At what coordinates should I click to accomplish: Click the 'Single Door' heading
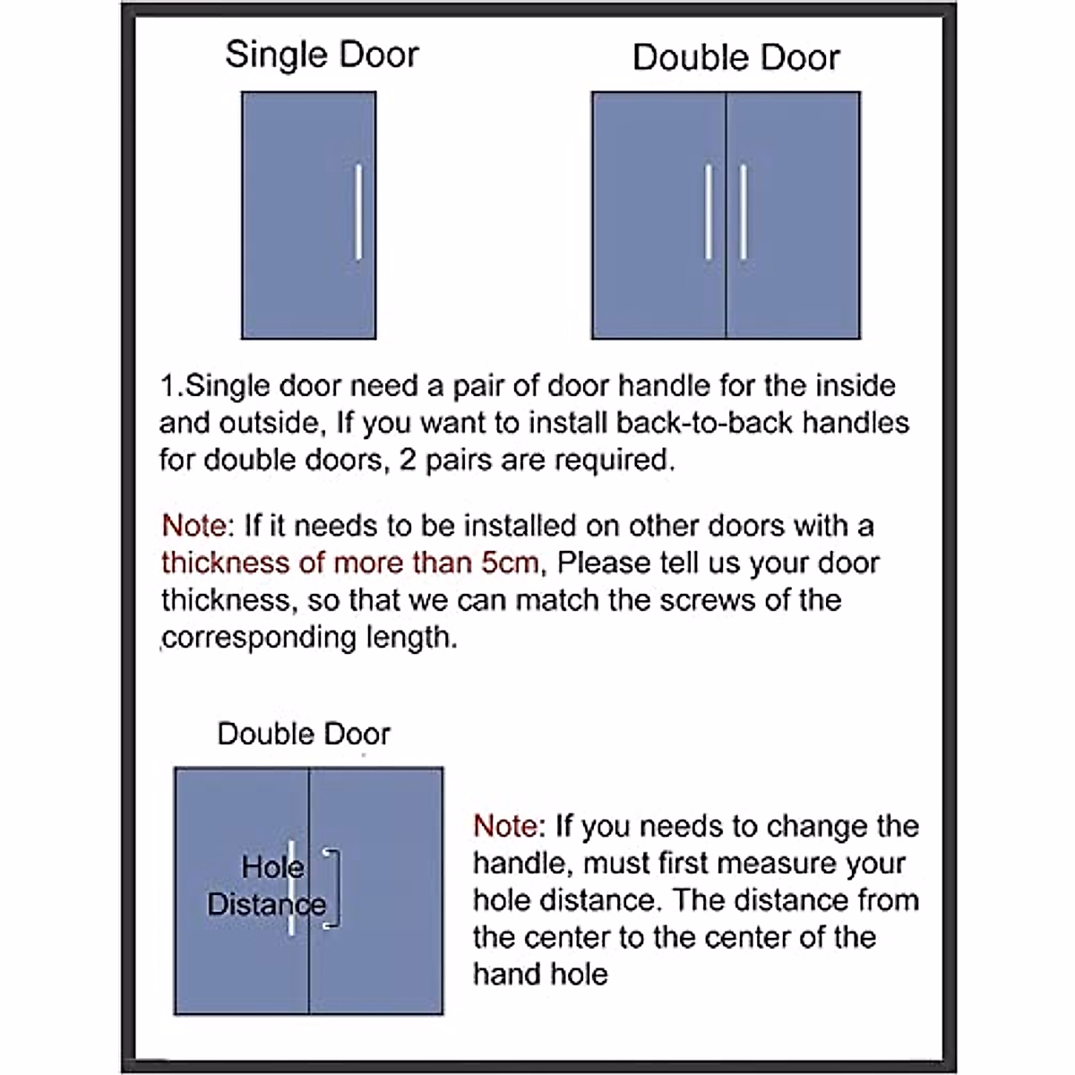pos(322,55)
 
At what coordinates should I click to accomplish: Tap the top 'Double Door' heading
pos(735,57)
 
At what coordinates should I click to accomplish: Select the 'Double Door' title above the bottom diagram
pos(304,734)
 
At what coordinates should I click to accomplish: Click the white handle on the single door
pos(358,212)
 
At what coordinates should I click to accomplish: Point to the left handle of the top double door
pos(709,212)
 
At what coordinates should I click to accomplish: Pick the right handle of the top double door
pos(744,212)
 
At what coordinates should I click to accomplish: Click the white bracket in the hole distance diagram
pos(333,888)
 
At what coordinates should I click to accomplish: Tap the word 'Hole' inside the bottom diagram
pos(272,867)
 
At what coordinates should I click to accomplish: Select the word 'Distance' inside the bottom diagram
pos(266,904)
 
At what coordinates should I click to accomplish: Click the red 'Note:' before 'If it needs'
pos(198,526)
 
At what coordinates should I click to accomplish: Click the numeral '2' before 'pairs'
pos(408,460)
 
